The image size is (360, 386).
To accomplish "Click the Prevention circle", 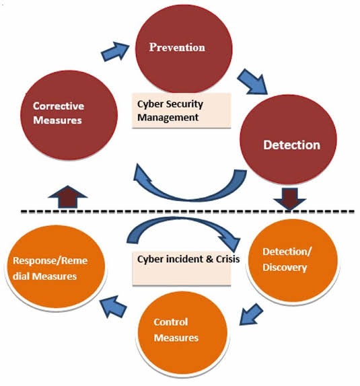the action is tap(184, 48).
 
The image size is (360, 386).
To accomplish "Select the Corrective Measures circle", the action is tap(69, 115).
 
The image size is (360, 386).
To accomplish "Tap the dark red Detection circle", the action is tap(288, 139).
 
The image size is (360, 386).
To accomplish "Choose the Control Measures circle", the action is tap(182, 333).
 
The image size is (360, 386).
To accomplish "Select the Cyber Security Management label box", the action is tap(182, 110).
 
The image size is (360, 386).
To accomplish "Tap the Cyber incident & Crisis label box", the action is tap(182, 268).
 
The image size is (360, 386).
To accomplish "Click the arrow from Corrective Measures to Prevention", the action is tap(115, 51).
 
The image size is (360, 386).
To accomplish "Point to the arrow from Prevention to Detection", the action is tap(252, 81).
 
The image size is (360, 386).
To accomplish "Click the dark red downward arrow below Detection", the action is tap(290, 200).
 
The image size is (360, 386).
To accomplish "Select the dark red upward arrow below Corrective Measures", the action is tap(68, 196).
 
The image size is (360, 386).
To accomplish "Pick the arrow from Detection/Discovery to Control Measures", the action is tap(251, 314).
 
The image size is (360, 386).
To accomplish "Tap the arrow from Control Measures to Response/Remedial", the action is tap(113, 307).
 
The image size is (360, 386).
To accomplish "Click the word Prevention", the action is tap(177, 47).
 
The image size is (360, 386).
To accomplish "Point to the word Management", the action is tap(168, 118).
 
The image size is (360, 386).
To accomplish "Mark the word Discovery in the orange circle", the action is tap(285, 268).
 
